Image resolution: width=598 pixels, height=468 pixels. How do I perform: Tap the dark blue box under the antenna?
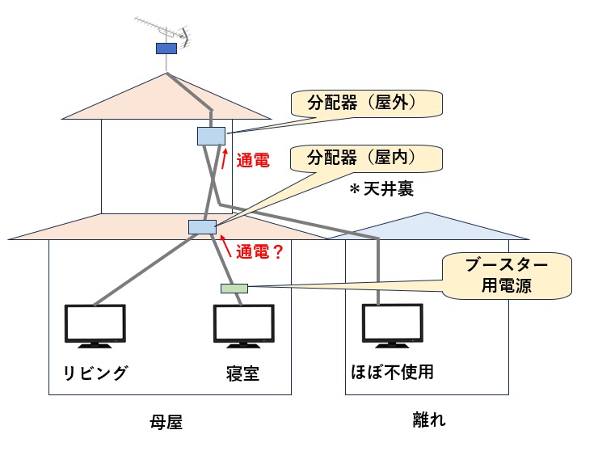(x=166, y=48)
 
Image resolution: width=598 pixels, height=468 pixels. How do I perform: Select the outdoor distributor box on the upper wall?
(x=211, y=136)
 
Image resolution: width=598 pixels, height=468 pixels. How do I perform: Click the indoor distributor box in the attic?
(x=202, y=227)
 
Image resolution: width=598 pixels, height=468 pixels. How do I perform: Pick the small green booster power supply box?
(x=234, y=288)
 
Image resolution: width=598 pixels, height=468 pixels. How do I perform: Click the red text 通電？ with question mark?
(x=259, y=252)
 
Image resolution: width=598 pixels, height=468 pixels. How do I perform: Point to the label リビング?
(x=95, y=373)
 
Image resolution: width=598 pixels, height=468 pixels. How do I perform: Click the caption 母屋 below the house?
(x=166, y=421)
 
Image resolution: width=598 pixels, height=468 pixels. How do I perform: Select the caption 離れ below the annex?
(x=429, y=420)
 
